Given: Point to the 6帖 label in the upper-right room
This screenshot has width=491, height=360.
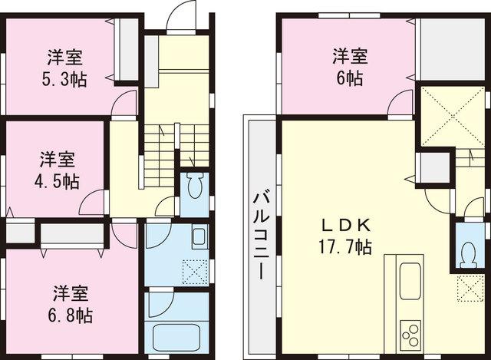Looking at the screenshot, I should point(349,77).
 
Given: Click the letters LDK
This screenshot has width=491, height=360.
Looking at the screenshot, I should point(346,226).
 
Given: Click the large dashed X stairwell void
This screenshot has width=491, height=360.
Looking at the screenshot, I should point(446,117).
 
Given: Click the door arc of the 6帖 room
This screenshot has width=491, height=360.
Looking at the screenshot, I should point(400,102).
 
